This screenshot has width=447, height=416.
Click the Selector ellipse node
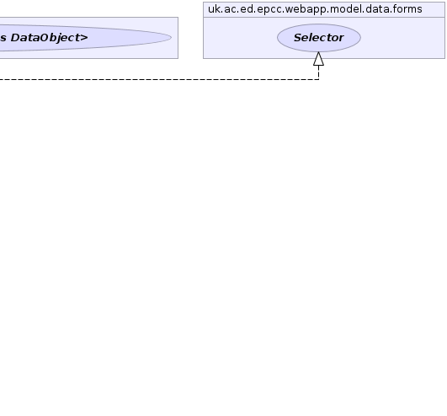(319, 38)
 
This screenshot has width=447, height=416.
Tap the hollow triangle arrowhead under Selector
(318, 59)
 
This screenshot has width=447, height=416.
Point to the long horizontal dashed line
(159, 79)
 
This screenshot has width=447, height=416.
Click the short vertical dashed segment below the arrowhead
(318, 72)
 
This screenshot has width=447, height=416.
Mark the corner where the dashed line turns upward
(318, 79)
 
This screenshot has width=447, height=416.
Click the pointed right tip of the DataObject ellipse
(172, 38)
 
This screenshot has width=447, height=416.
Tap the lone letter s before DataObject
(3, 38)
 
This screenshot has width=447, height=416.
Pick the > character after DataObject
(85, 38)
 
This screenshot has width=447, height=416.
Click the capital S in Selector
(298, 38)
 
